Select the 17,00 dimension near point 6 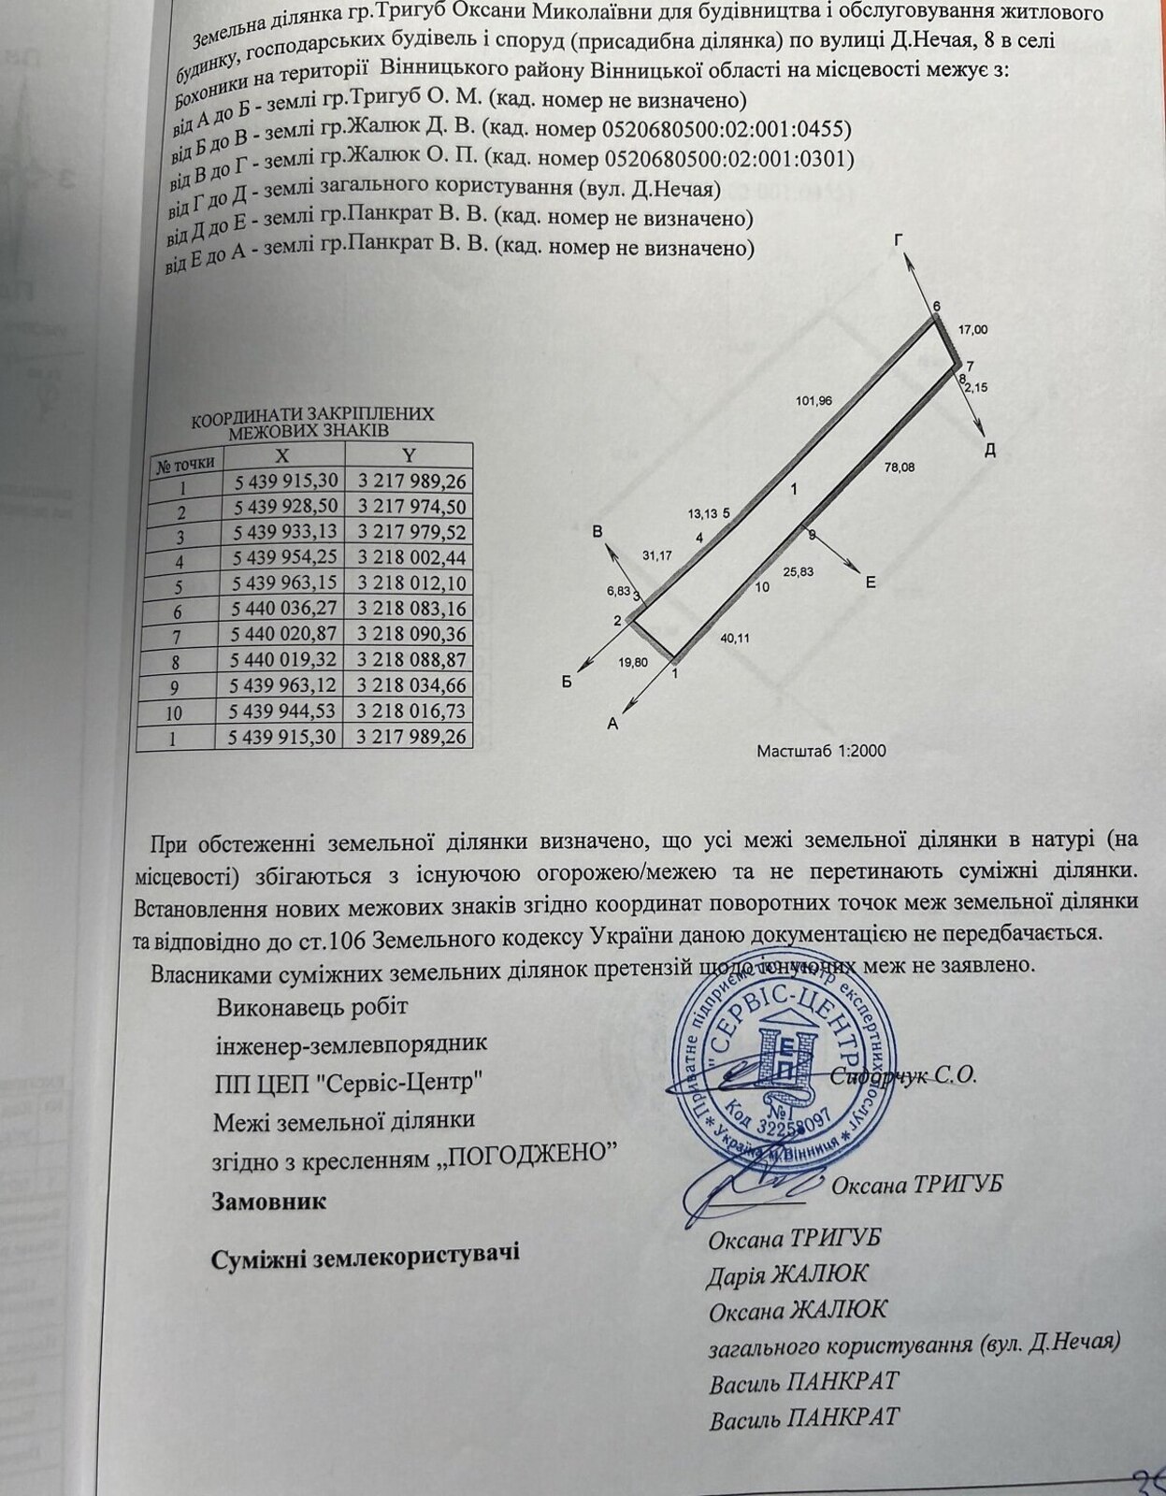(972, 329)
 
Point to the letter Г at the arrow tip (899, 240)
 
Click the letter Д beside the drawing (989, 451)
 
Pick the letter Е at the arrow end (870, 583)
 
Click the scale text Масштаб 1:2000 (821, 750)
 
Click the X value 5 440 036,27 (283, 609)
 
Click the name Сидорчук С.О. (903, 1075)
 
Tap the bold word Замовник (270, 1201)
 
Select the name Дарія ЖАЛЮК (787, 1273)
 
